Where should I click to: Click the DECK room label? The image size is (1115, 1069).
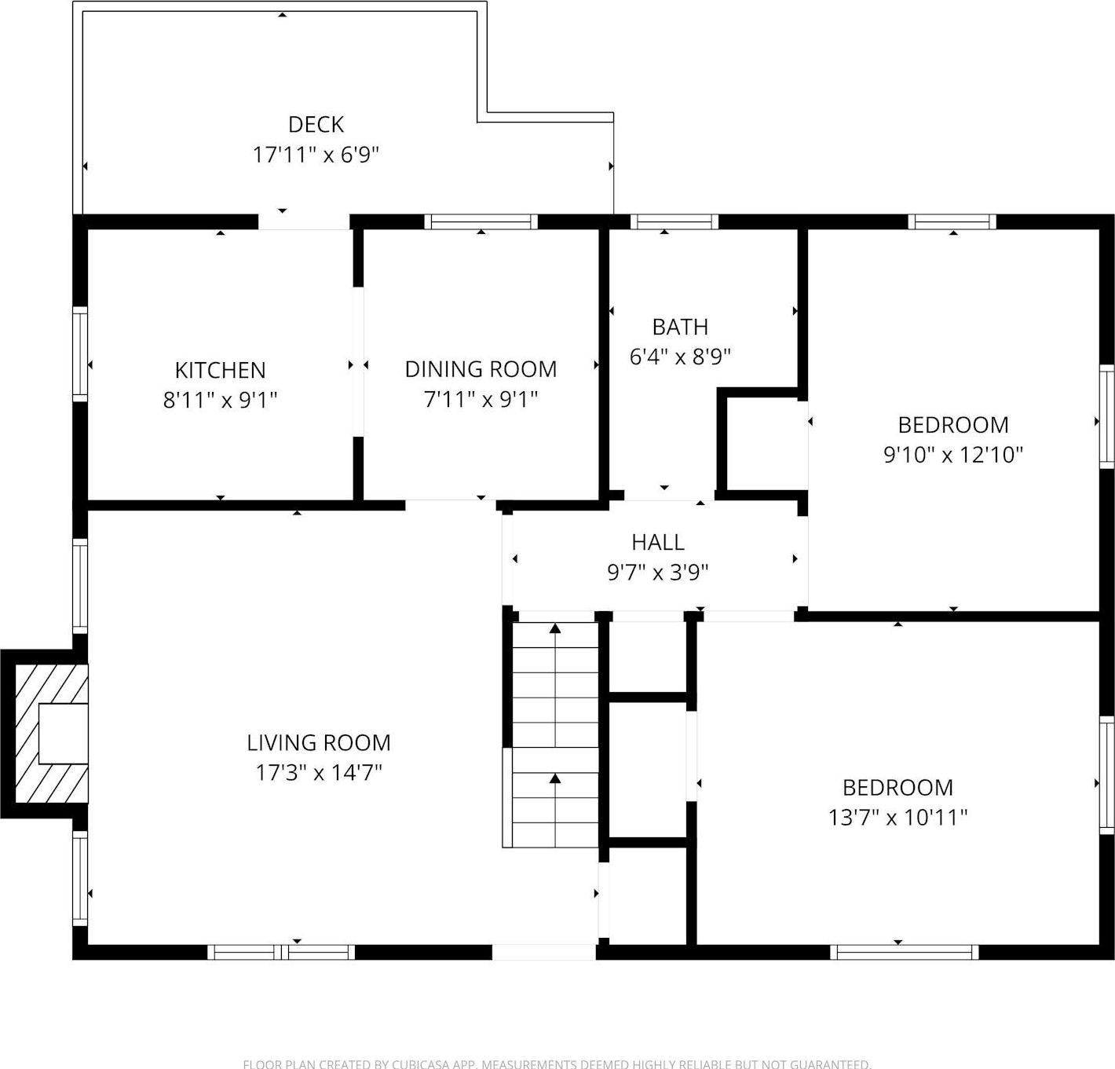click(316, 124)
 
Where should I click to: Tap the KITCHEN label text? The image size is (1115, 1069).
click(220, 370)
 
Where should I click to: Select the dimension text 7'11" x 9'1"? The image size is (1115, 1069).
click(481, 400)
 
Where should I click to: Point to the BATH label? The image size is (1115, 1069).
click(680, 327)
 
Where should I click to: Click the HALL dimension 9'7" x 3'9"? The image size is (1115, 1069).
click(657, 573)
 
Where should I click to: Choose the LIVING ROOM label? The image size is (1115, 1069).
click(318, 742)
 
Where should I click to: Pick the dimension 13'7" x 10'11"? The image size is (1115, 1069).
click(897, 818)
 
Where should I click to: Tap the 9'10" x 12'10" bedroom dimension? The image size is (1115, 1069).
click(952, 455)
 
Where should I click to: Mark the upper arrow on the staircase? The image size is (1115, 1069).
click(555, 628)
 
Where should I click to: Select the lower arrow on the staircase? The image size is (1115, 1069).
click(555, 778)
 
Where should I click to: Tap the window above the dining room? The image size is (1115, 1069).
click(481, 221)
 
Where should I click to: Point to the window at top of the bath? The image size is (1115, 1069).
click(674, 221)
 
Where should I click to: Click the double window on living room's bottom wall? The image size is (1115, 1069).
click(281, 952)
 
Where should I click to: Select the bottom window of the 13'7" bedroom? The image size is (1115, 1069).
click(904, 952)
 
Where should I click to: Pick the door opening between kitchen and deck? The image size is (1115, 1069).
click(304, 221)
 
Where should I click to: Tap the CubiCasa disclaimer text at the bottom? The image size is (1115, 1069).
click(557, 1064)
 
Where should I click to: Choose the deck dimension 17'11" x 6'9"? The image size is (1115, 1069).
click(316, 155)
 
